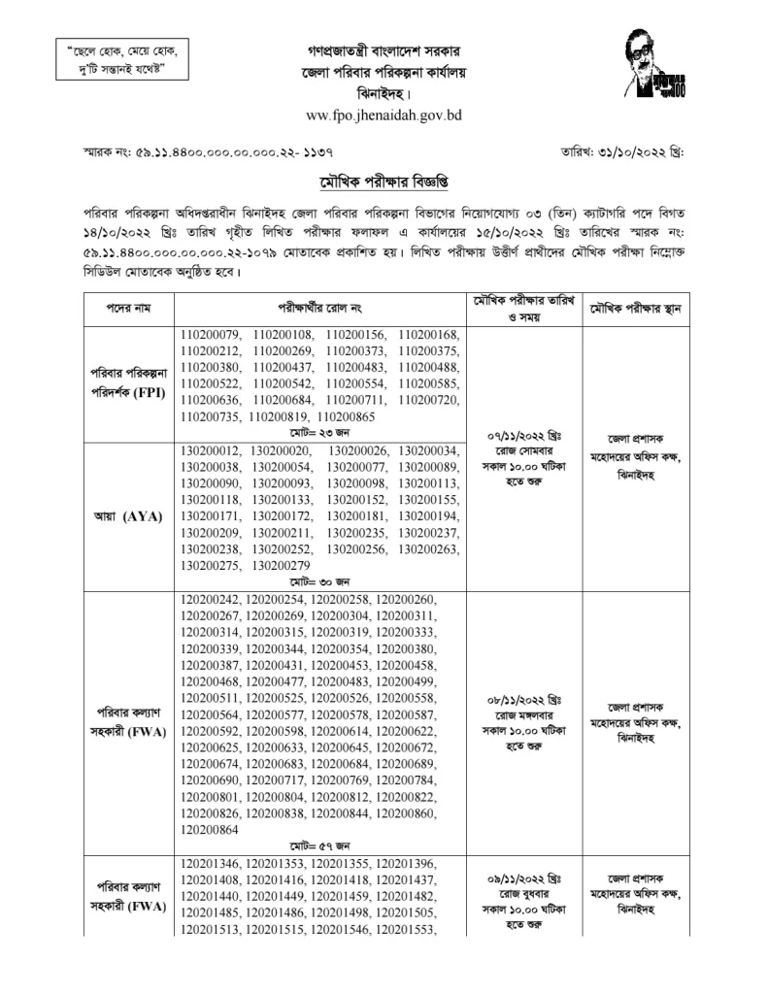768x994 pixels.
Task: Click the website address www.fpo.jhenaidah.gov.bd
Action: coord(383,116)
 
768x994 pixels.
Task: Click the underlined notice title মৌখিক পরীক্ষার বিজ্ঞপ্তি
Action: coord(384,182)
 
